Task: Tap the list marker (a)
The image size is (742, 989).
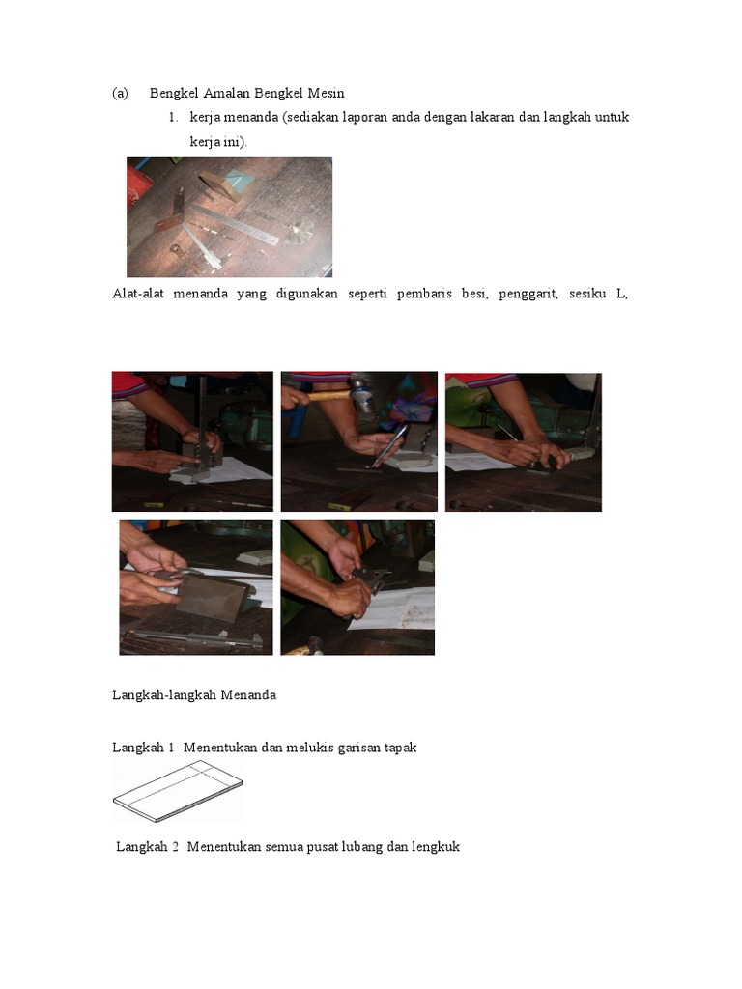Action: (x=120, y=94)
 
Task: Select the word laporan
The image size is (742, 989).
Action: (x=364, y=117)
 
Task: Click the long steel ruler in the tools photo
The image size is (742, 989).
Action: (x=236, y=223)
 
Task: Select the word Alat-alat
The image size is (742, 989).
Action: (x=138, y=294)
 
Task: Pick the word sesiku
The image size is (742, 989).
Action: (x=587, y=294)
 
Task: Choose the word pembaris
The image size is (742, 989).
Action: (x=425, y=294)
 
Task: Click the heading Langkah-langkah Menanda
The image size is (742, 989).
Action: (x=194, y=695)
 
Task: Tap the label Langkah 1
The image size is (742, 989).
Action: (x=143, y=748)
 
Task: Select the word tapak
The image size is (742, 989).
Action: (x=400, y=749)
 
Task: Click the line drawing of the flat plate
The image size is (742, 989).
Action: (x=178, y=791)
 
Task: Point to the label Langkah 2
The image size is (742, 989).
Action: (x=147, y=846)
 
